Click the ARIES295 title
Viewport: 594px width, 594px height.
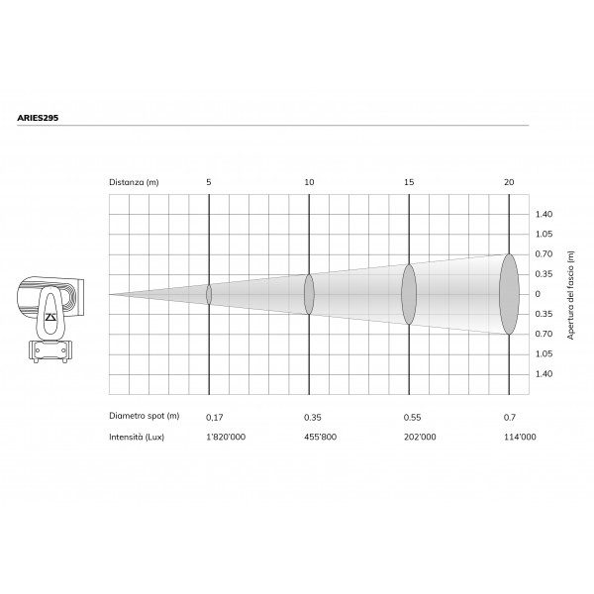point(38,118)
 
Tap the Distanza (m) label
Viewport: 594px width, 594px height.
point(134,182)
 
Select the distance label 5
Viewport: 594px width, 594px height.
point(209,182)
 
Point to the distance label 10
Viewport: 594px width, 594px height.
point(309,182)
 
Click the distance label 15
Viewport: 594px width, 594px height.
point(409,182)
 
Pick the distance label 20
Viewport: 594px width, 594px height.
point(509,182)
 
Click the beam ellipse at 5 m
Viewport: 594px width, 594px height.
point(209,294)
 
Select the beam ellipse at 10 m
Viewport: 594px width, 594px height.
point(309,294)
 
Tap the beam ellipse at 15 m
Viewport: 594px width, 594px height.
point(409,294)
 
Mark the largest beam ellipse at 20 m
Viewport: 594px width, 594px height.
point(509,294)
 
